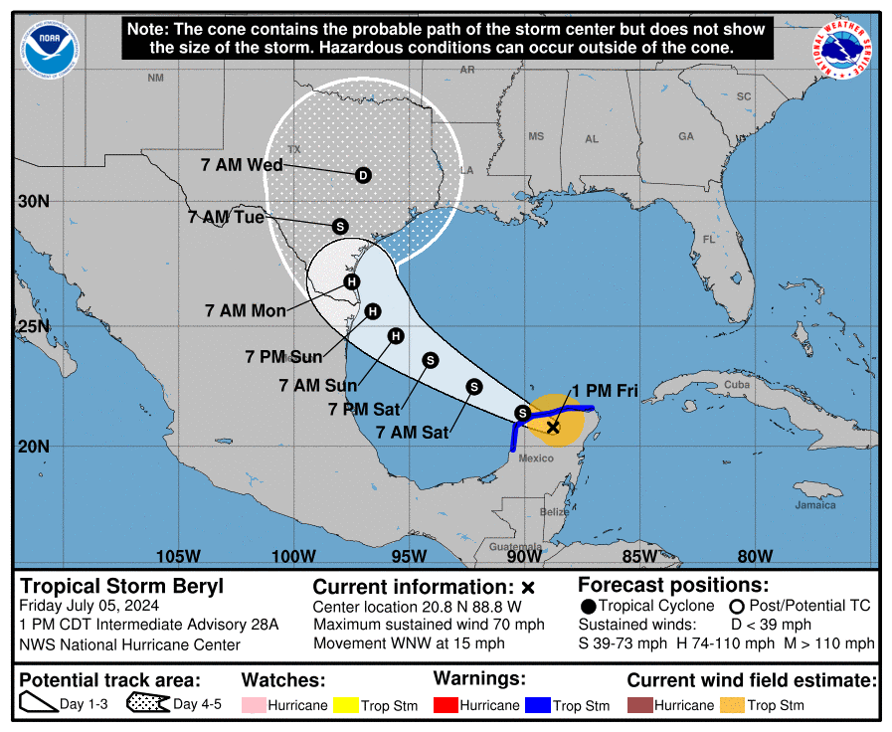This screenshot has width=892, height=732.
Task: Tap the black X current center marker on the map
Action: pyautogui.click(x=554, y=427)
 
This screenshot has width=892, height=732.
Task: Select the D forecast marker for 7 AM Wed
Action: pyautogui.click(x=363, y=175)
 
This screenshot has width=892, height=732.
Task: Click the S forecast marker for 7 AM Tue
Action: pyautogui.click(x=339, y=227)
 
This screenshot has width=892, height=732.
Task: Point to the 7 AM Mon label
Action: pyautogui.click(x=246, y=311)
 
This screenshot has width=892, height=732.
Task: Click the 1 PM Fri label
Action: pyautogui.click(x=605, y=390)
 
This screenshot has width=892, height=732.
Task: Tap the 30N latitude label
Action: pyautogui.click(x=34, y=201)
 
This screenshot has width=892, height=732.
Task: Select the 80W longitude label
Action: pyautogui.click(x=755, y=556)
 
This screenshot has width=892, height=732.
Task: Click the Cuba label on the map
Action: pyautogui.click(x=736, y=385)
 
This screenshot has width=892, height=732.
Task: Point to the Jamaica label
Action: pyautogui.click(x=815, y=505)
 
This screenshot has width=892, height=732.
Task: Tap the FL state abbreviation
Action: pyautogui.click(x=709, y=240)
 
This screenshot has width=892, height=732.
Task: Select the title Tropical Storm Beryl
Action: pyautogui.click(x=122, y=587)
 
